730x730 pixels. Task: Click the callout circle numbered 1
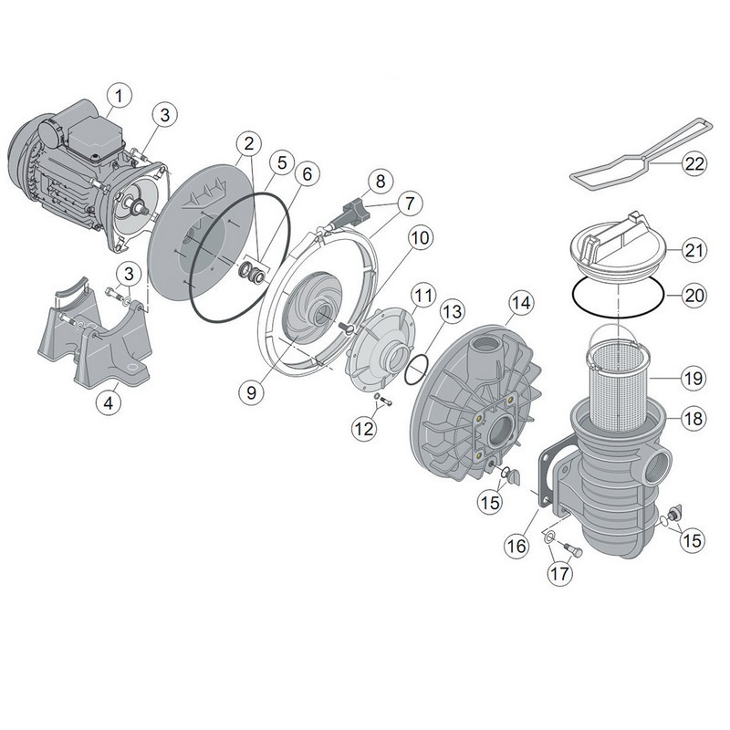click(119, 94)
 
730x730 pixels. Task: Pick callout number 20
click(693, 295)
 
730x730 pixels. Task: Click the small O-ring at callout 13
click(415, 370)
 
